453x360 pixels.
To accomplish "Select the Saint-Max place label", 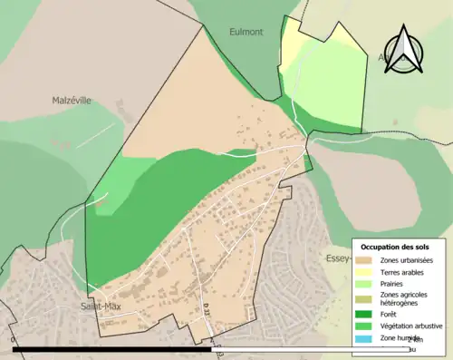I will pyautogui.click(x=101, y=306).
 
